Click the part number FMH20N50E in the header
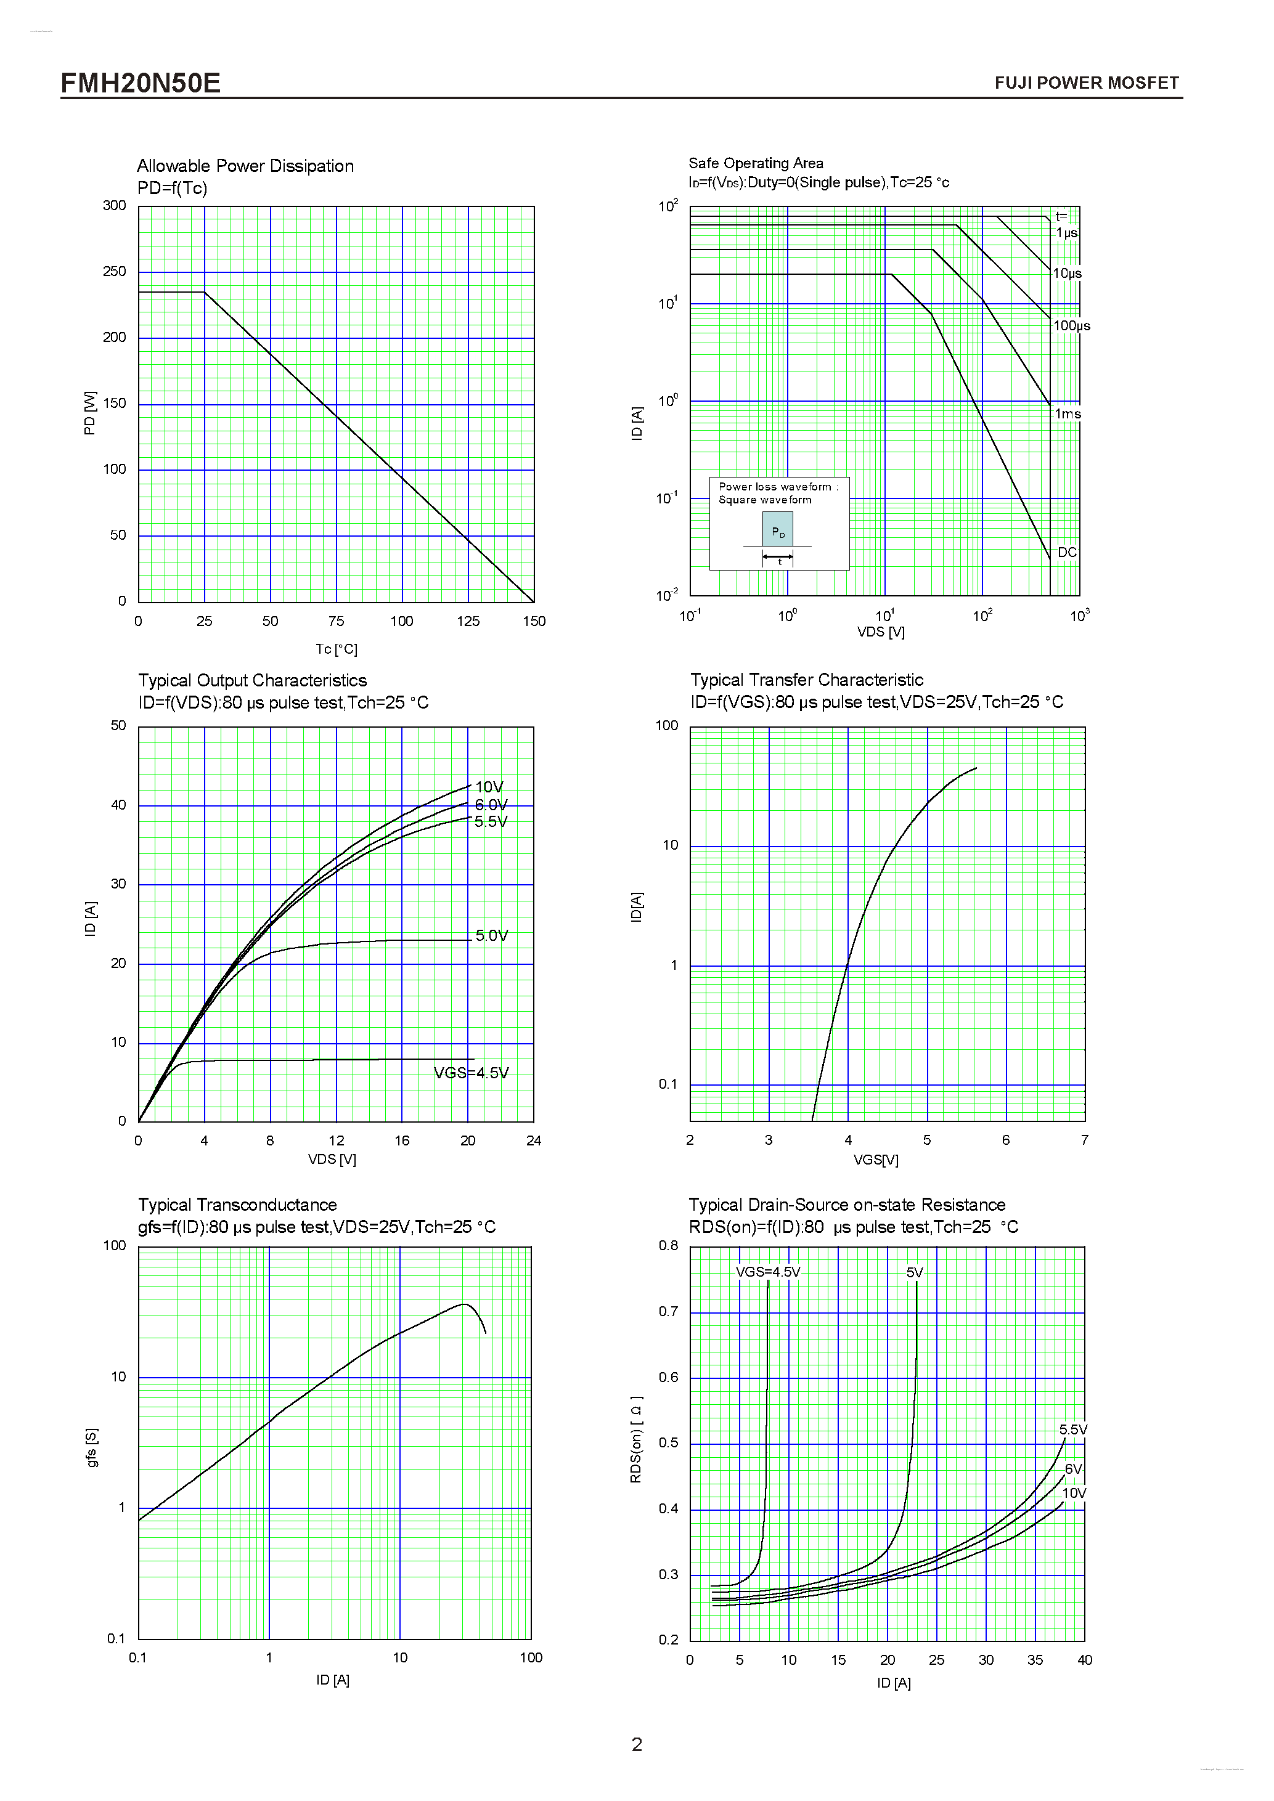click(x=141, y=83)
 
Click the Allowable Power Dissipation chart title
click(x=245, y=166)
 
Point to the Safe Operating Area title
click(x=756, y=163)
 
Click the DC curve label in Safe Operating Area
click(x=1067, y=552)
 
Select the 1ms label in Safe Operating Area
click(x=1067, y=414)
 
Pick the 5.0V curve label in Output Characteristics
click(x=492, y=936)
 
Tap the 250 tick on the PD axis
click(x=115, y=271)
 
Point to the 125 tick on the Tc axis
click(x=468, y=621)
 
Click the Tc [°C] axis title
click(x=336, y=649)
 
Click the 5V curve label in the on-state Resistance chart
click(x=915, y=1272)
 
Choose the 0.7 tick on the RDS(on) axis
click(x=668, y=1312)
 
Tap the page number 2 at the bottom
click(x=637, y=1744)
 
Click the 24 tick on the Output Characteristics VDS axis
click(x=533, y=1140)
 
